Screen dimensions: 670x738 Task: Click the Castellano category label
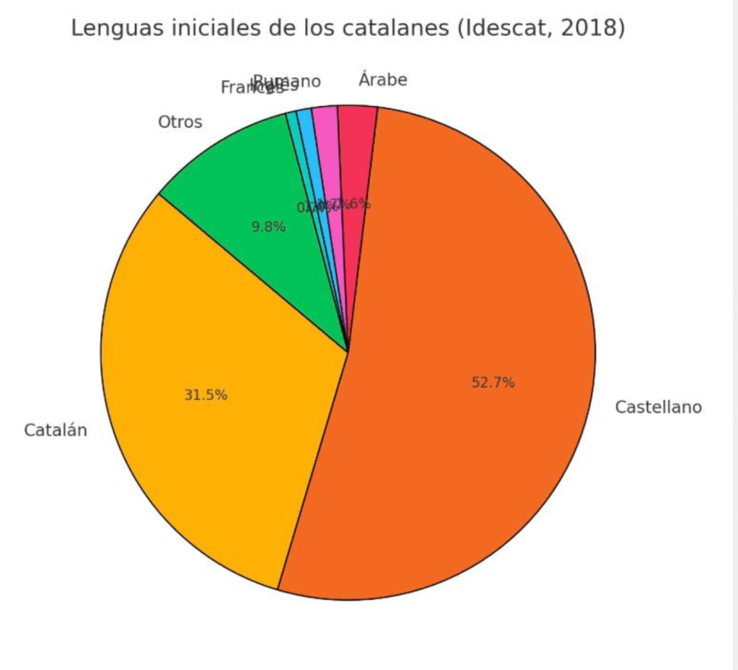pyautogui.click(x=658, y=407)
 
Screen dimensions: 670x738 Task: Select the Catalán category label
pyautogui.click(x=56, y=431)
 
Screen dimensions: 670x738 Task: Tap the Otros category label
pyautogui.click(x=180, y=123)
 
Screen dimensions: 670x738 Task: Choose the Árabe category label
pyautogui.click(x=382, y=80)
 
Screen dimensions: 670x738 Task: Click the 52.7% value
pyautogui.click(x=493, y=383)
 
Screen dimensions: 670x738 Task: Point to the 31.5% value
pyautogui.click(x=206, y=395)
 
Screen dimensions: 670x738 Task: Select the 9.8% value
pyautogui.click(x=268, y=227)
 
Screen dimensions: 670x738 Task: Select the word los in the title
pyautogui.click(x=308, y=28)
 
